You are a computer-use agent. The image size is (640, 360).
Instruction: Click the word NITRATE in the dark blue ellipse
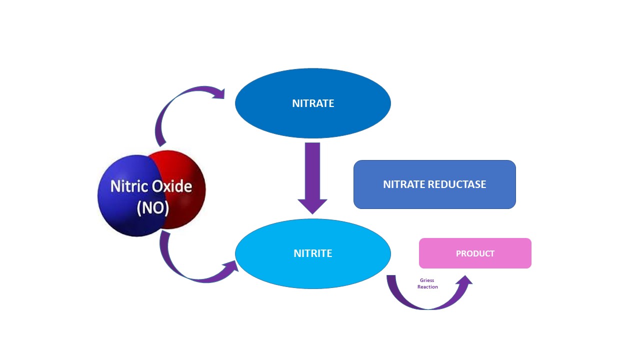(x=313, y=103)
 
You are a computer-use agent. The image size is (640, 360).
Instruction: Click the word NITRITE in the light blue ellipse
(x=313, y=253)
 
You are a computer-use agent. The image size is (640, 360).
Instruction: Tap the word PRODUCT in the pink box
(x=475, y=253)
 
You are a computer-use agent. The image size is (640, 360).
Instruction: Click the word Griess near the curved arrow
(x=427, y=280)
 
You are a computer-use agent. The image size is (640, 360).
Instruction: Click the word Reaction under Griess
(x=427, y=287)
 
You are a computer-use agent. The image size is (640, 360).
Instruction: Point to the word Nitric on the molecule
(x=129, y=186)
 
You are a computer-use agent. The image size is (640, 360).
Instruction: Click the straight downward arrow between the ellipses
(x=312, y=170)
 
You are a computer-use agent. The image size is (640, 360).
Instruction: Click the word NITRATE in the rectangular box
(x=404, y=184)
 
